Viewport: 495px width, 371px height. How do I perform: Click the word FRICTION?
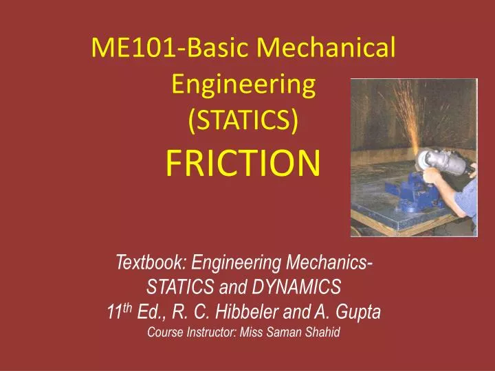coord(244,163)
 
